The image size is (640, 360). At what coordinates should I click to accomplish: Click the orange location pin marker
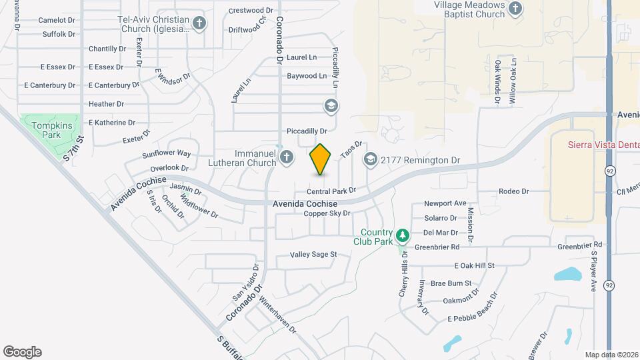click(321, 159)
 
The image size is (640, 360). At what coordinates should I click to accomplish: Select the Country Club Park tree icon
click(402, 235)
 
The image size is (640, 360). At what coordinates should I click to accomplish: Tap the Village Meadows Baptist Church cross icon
click(515, 8)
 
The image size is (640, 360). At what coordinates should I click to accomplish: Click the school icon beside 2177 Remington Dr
click(370, 160)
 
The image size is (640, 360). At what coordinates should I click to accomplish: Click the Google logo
click(22, 352)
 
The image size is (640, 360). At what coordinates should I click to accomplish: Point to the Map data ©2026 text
click(611, 355)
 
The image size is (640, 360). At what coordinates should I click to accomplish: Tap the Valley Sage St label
click(313, 254)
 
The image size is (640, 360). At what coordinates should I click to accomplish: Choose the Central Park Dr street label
click(331, 191)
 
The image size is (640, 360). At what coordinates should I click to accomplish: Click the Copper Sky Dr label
click(327, 213)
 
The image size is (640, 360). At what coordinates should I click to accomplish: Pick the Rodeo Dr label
click(513, 191)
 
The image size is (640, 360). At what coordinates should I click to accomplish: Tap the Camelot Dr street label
click(56, 20)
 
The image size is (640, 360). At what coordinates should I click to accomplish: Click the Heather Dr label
click(106, 104)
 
